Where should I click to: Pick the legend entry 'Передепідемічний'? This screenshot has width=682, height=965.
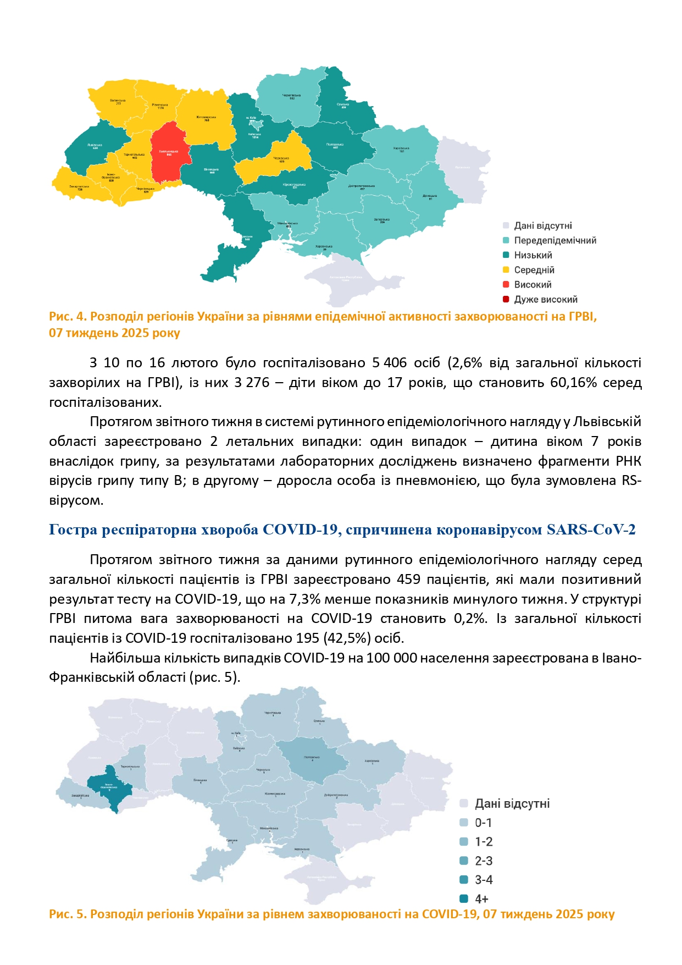point(555,240)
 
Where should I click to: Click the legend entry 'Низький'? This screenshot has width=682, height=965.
point(533,255)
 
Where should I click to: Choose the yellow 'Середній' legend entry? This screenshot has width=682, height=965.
point(534,270)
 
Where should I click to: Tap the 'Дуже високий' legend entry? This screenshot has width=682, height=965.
point(545,300)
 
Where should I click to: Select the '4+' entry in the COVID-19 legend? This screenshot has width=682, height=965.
point(481,899)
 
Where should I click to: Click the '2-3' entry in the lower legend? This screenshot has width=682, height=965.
point(483,861)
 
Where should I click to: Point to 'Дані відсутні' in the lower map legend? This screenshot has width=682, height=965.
point(512,804)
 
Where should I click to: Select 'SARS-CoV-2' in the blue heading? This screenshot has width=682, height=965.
point(591,530)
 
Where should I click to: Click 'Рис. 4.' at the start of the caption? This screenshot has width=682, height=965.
point(68,317)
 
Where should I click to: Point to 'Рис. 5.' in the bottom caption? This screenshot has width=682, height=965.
point(68,914)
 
